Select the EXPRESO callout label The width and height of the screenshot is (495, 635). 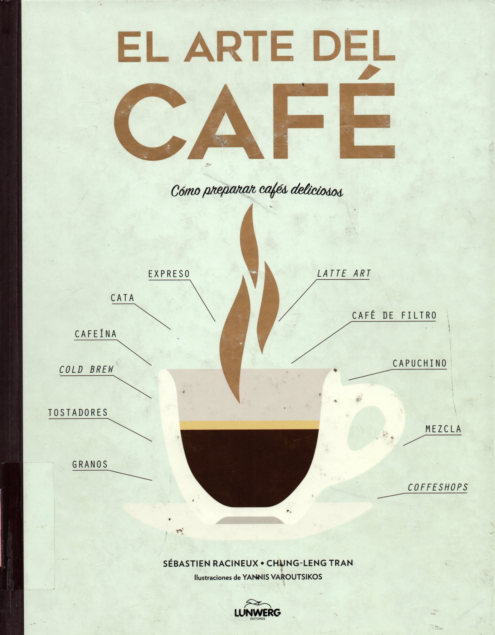click(169, 274)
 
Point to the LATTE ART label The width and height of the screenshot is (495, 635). click(344, 273)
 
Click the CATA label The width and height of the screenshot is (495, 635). click(122, 298)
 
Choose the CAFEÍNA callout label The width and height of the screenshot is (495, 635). click(96, 334)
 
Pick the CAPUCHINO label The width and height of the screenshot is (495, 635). click(419, 363)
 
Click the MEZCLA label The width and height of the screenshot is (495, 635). click(443, 429)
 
